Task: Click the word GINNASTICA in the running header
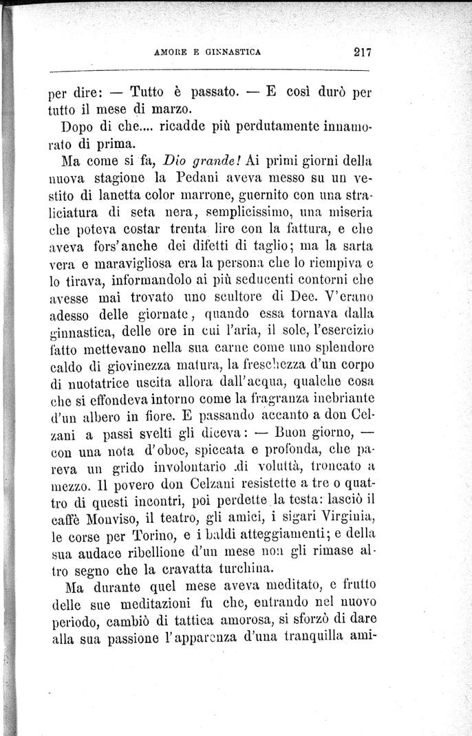tap(232, 51)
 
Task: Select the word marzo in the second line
tap(165, 109)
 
